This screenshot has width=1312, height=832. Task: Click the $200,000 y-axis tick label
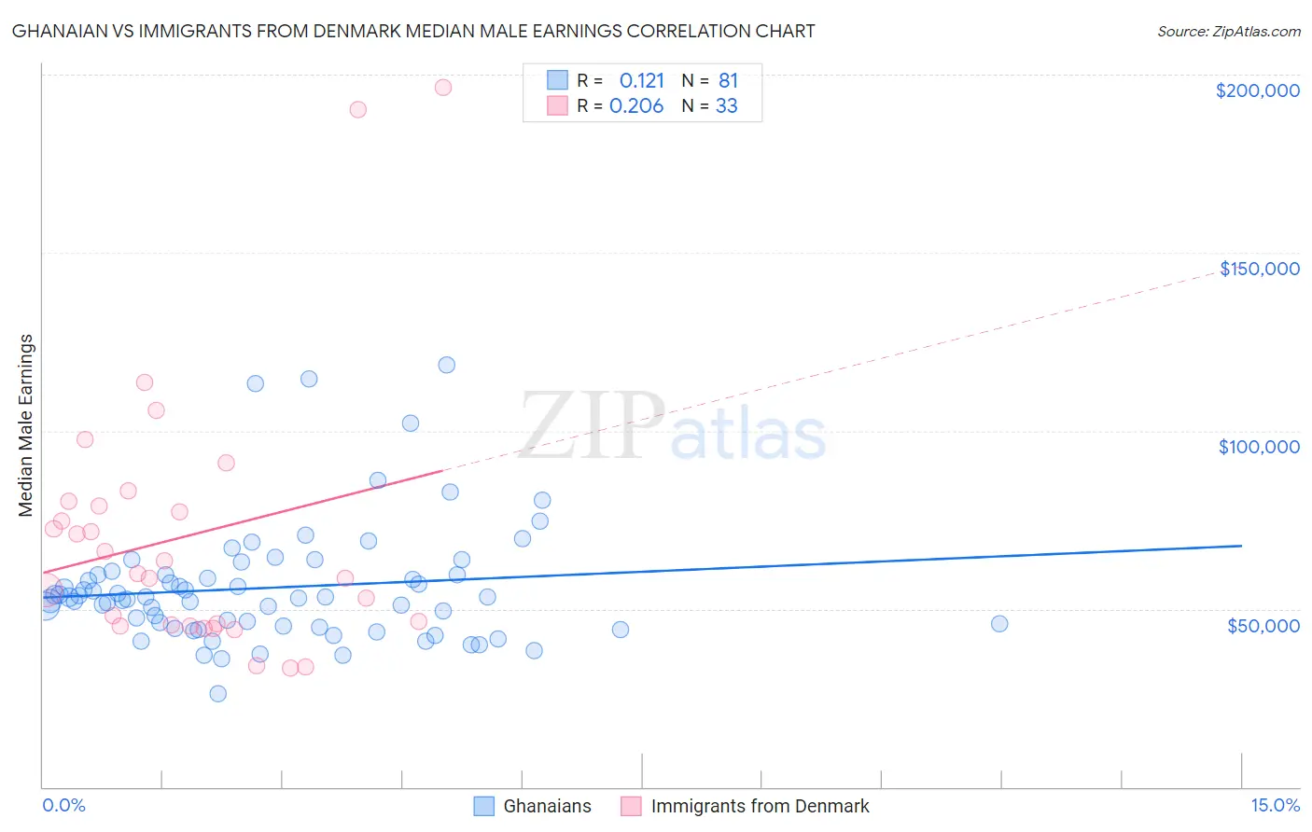click(1257, 90)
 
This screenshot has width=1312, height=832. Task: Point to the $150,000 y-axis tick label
click(1259, 269)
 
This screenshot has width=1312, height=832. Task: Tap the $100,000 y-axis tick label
click(1259, 447)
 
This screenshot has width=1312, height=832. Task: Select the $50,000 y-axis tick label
click(1263, 625)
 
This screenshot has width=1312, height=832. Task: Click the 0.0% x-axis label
click(63, 806)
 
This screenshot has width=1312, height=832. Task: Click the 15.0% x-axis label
click(1275, 806)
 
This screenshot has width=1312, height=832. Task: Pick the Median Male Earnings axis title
click(26, 425)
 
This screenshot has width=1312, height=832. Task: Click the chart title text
click(413, 32)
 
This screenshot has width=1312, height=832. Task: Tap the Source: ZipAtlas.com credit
click(1228, 32)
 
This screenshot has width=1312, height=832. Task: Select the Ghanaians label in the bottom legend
click(547, 807)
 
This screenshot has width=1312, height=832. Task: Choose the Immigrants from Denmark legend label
click(760, 807)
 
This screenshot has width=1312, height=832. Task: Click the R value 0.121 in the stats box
click(641, 81)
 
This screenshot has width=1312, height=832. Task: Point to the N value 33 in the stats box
click(726, 106)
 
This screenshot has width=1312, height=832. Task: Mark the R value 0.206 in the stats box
click(636, 106)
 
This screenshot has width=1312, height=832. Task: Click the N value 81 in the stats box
click(728, 81)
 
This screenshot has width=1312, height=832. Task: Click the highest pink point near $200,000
click(443, 88)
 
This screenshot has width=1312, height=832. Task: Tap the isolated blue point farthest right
click(999, 624)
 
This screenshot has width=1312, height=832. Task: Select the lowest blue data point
click(217, 694)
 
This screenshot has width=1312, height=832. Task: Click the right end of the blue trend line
click(1241, 546)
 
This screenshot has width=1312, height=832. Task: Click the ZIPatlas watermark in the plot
click(673, 426)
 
